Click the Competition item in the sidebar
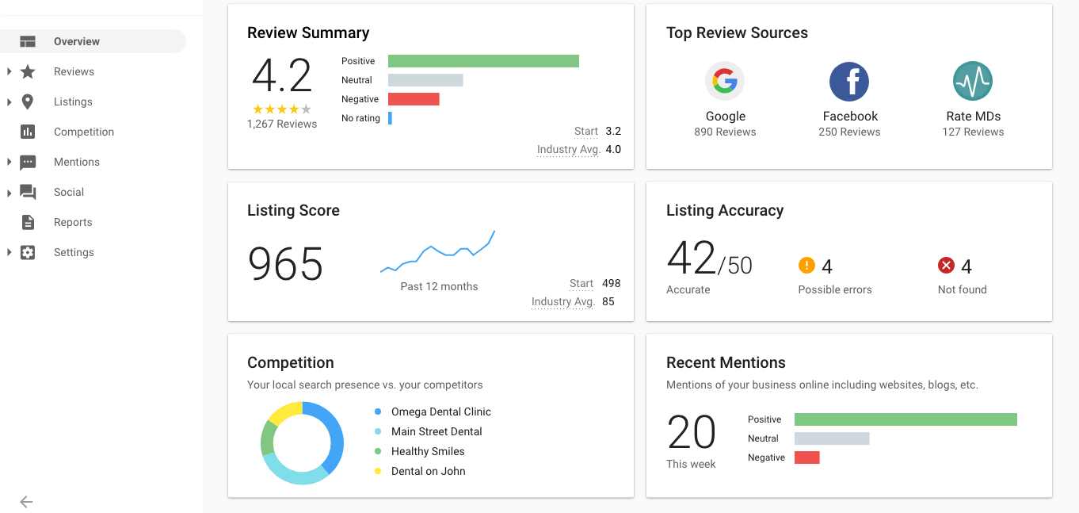84,132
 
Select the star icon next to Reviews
28,71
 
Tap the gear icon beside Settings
28,252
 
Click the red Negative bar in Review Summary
414,99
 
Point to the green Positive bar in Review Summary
483,61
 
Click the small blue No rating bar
391,118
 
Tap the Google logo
725,81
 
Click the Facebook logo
849,81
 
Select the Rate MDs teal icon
973,81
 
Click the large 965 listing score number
285,263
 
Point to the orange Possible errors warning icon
806,265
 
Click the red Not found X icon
947,265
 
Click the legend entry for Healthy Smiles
428,451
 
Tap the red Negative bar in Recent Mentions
807,457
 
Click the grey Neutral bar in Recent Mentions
832,438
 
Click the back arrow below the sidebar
26,502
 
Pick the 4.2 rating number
282,75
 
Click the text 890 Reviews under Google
725,132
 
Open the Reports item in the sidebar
73,222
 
